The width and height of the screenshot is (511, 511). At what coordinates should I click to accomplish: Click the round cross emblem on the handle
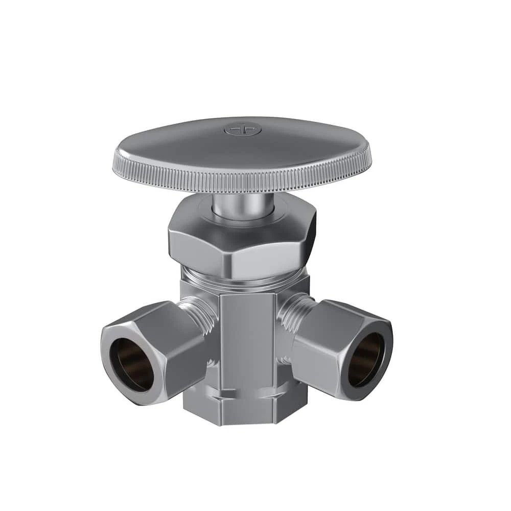242,130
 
